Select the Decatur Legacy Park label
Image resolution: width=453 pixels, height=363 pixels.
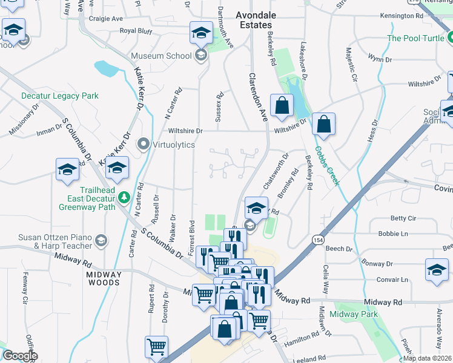pyautogui.click(x=59, y=96)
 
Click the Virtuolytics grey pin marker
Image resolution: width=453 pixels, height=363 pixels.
pyautogui.click(x=144, y=145)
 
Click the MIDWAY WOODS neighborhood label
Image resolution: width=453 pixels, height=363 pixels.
pyautogui.click(x=104, y=278)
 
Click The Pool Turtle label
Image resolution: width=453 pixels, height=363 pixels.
pyautogui.click(x=417, y=38)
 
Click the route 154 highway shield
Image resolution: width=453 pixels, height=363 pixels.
pyautogui.click(x=318, y=240)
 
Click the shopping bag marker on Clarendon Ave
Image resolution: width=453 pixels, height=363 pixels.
pyautogui.click(x=282, y=105)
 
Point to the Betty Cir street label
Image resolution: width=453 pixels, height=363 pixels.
pyautogui.click(x=403, y=218)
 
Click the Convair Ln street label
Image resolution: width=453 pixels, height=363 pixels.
pyautogui.click(x=391, y=280)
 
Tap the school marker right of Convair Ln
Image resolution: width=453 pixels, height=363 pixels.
pyautogui.click(x=437, y=269)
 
